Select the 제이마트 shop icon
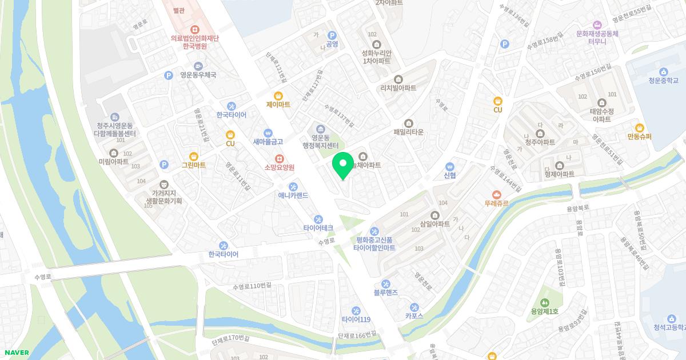pyautogui.click(x=278, y=95)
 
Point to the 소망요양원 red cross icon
pyautogui.click(x=279, y=158)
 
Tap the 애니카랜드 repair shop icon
pyautogui.click(x=293, y=186)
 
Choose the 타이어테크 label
pyautogui.click(x=318, y=227)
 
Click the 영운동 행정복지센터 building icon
pyautogui.click(x=321, y=128)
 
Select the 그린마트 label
pyautogui.click(x=193, y=165)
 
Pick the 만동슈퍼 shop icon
pyautogui.click(x=639, y=127)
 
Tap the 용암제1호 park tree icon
pyautogui.click(x=544, y=302)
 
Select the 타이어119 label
pyautogui.click(x=356, y=319)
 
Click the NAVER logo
pyautogui.click(x=15, y=353)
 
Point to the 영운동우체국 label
pyautogui.click(x=198, y=75)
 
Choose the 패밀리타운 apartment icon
pyautogui.click(x=408, y=123)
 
